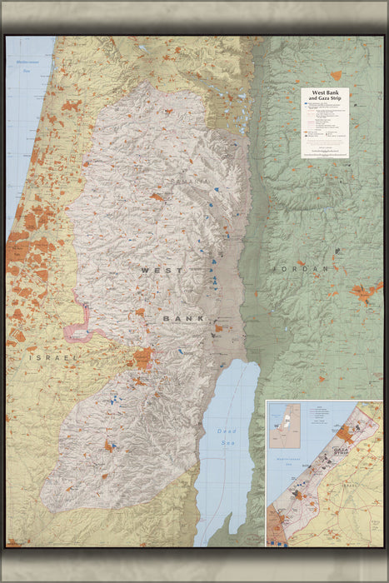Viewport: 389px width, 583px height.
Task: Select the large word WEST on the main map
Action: coord(160,271)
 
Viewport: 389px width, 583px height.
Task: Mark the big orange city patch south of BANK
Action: coord(142,358)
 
